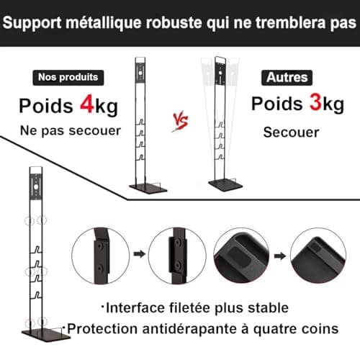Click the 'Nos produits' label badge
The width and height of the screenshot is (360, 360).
68,78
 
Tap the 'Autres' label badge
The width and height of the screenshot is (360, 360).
287,78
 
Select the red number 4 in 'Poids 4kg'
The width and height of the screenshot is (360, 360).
87,104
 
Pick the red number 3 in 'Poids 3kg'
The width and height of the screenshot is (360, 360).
315,102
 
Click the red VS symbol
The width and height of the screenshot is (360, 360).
181,121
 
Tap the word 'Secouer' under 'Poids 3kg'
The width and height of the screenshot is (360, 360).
291,132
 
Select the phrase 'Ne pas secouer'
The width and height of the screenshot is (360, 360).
71,131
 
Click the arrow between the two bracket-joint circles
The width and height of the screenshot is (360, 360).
140,254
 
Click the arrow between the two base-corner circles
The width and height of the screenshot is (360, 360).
280,256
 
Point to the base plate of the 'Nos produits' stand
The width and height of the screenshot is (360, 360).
148,188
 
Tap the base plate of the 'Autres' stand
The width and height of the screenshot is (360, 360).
225,184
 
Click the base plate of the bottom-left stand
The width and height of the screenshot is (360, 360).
45,334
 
